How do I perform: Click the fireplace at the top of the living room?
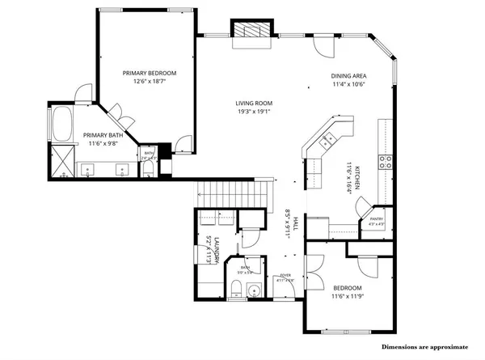[x=250, y=29]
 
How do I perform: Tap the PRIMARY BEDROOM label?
[x=150, y=74]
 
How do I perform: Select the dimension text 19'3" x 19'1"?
[x=253, y=112]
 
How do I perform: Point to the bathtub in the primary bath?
[x=62, y=125]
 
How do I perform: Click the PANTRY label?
[x=376, y=218]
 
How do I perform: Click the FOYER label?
[x=285, y=275]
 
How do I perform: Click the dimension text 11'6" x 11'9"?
[x=348, y=299]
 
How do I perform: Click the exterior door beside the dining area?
[x=323, y=45]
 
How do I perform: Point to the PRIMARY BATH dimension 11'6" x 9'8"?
[x=104, y=144]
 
